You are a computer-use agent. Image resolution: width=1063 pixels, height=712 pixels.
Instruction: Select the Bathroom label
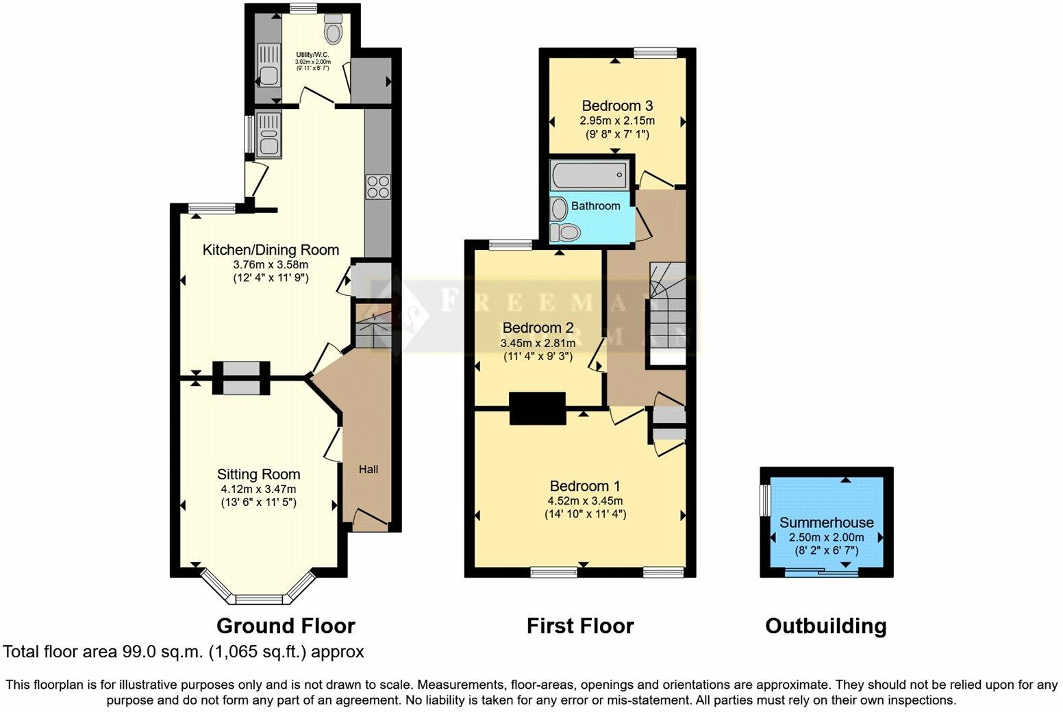point(595,205)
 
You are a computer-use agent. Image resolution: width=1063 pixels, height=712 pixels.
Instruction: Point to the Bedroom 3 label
point(616,105)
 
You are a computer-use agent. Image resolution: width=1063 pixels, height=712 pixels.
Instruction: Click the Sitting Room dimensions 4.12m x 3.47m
point(258,489)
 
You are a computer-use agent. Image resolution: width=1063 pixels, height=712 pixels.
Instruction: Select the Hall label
point(368,469)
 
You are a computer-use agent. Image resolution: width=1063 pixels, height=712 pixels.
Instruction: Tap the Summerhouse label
point(826,522)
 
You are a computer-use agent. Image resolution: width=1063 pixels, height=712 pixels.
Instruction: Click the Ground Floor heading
point(286,626)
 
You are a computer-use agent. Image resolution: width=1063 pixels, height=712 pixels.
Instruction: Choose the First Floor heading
point(580,626)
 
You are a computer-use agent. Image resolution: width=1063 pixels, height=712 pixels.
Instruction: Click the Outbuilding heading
point(825,626)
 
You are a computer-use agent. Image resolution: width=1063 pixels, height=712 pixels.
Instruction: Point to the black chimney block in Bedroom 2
point(538,408)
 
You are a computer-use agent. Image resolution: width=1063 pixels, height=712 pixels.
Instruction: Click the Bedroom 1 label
point(585,486)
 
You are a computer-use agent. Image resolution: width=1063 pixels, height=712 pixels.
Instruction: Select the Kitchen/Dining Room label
point(271,250)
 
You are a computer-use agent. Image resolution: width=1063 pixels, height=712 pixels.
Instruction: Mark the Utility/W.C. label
point(312,54)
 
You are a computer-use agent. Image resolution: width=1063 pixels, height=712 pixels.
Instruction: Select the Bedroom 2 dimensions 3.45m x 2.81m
point(538,342)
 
